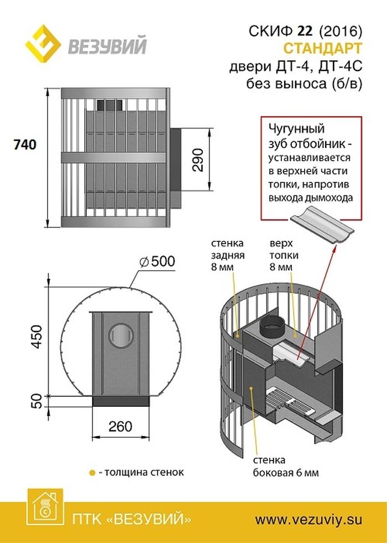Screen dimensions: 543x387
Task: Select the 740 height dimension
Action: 24,144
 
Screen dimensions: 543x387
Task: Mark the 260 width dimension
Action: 121,426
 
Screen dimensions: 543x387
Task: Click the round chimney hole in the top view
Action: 121,334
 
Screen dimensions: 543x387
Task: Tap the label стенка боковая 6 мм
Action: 285,467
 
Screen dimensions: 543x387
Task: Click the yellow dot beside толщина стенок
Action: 92,473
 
